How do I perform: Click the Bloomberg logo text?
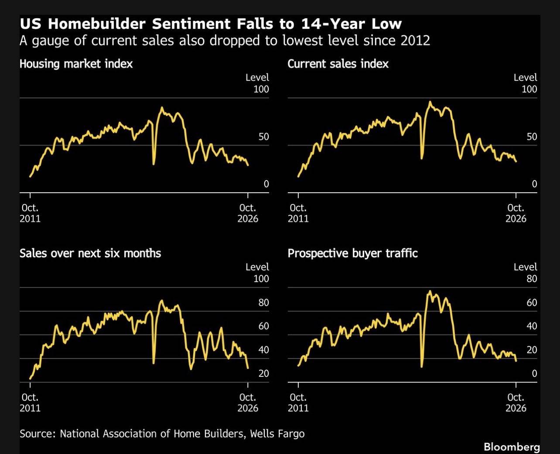click(x=512, y=447)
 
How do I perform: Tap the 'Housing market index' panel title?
click(x=76, y=64)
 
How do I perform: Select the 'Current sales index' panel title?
click(x=338, y=64)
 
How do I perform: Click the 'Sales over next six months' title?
click(x=90, y=253)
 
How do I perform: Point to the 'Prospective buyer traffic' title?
click(x=352, y=253)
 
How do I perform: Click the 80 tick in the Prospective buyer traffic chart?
click(x=532, y=279)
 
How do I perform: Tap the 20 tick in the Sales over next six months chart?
click(x=263, y=373)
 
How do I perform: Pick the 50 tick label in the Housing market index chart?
click(x=263, y=137)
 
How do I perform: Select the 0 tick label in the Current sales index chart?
click(x=534, y=184)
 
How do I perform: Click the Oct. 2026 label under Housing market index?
click(x=248, y=213)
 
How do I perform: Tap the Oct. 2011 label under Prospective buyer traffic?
click(x=298, y=403)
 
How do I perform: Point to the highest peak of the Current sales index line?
click(x=430, y=102)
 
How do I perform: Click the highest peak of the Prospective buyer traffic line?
click(x=430, y=291)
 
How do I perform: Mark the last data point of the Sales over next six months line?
click(x=248, y=368)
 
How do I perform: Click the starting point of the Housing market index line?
click(x=30, y=176)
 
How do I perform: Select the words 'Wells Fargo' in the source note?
click(x=277, y=434)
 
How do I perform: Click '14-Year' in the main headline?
click(x=333, y=24)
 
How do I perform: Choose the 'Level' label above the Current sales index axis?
click(x=525, y=78)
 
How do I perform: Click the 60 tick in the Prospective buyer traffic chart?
click(x=532, y=303)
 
